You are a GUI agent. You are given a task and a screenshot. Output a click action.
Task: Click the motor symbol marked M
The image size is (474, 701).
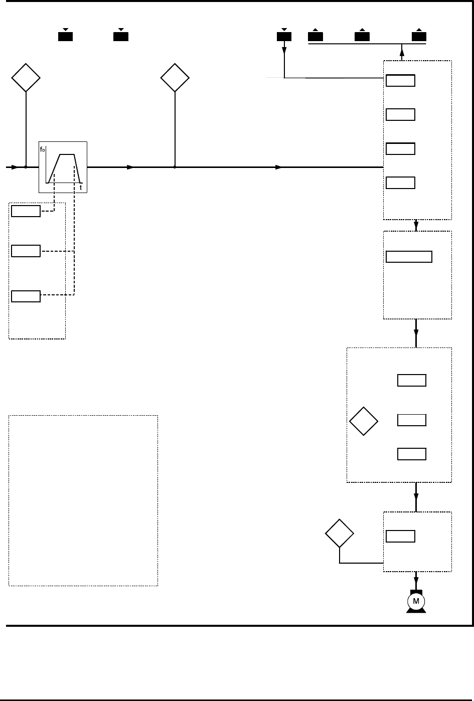click(x=416, y=601)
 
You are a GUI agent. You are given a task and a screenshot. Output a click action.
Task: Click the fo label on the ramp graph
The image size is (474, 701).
click(x=42, y=149)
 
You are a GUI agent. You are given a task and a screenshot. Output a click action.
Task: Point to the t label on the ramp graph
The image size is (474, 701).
click(x=81, y=188)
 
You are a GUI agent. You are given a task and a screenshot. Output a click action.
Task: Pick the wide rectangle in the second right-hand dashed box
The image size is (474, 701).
click(x=409, y=257)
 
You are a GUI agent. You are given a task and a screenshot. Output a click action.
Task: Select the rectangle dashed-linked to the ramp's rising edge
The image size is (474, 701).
click(x=26, y=211)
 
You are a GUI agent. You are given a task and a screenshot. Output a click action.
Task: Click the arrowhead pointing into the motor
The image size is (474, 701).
click(x=416, y=584)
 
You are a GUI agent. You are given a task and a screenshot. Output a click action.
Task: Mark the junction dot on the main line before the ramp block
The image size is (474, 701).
click(x=26, y=167)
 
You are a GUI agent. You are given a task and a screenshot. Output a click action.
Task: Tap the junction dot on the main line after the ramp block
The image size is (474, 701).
click(x=175, y=167)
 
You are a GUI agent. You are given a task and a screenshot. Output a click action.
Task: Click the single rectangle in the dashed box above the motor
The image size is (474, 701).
click(x=400, y=537)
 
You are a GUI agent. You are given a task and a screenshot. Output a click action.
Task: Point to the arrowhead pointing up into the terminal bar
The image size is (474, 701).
click(x=402, y=52)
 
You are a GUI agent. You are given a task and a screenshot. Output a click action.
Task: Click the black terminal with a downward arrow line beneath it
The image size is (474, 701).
click(x=284, y=36)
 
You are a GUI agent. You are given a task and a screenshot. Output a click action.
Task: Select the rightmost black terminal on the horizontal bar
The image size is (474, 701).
click(x=419, y=36)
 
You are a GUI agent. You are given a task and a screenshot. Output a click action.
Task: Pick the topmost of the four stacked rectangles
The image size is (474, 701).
click(x=400, y=80)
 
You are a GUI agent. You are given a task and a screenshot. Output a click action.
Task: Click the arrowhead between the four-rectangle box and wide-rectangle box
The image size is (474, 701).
click(x=416, y=225)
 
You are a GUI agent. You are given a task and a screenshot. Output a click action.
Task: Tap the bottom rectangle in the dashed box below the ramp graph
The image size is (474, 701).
click(x=26, y=296)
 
